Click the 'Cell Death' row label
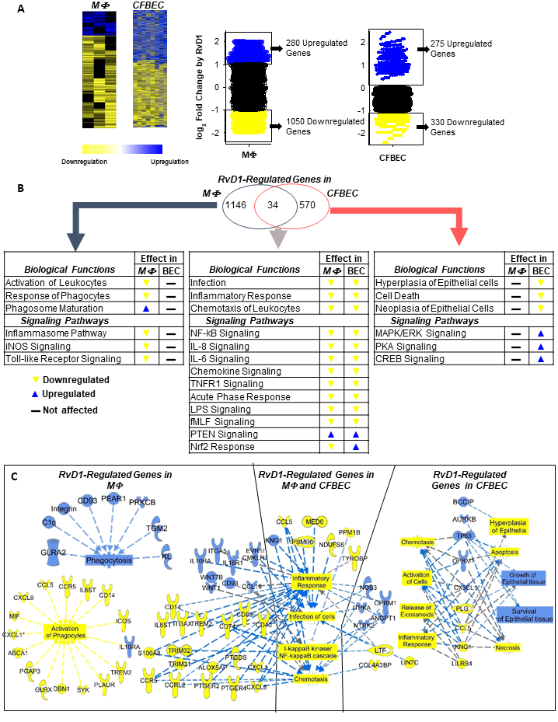399,295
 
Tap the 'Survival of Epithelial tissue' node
528,615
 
